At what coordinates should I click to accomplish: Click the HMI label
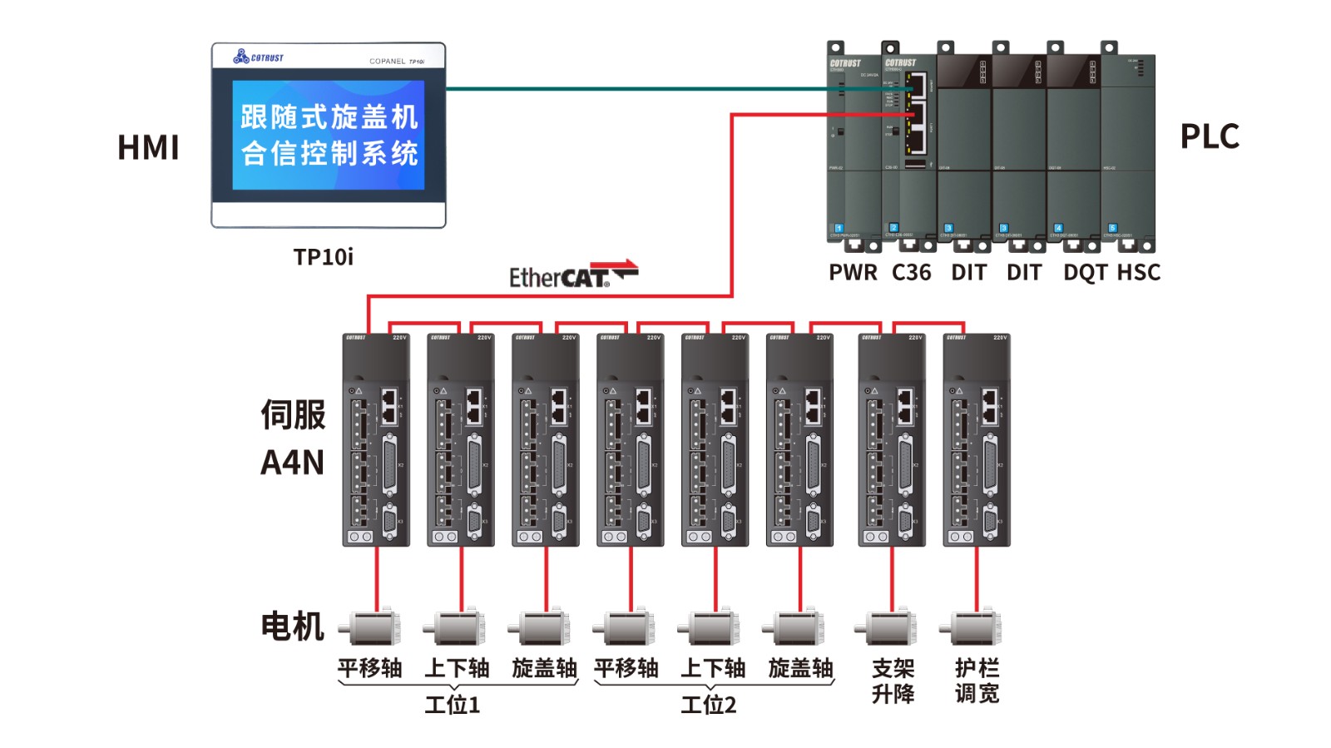pos(148,147)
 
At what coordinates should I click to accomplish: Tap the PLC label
pos(1210,136)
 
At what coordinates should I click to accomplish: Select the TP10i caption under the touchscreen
pos(323,257)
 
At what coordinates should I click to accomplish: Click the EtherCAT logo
pos(572,275)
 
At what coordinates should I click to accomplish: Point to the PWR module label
pos(853,273)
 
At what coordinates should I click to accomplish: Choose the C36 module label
pos(911,273)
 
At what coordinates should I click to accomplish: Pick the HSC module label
pos(1138,273)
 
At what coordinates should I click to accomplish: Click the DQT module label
pos(1085,273)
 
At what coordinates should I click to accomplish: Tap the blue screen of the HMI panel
pos(328,135)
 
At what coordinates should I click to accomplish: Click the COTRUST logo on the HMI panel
pos(259,57)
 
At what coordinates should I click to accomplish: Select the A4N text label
pos(292,463)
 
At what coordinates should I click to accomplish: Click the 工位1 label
pos(453,706)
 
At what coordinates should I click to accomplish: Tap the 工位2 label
pos(709,706)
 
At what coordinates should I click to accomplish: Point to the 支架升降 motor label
pos(893,681)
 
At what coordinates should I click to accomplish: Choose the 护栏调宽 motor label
pos(977,681)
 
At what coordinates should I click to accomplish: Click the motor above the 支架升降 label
pos(887,628)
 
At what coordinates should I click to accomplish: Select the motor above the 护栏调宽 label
pos(972,628)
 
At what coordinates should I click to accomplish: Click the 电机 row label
pos(292,626)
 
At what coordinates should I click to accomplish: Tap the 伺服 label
pos(293,414)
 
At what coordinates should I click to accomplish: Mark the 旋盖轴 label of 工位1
pos(544,668)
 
